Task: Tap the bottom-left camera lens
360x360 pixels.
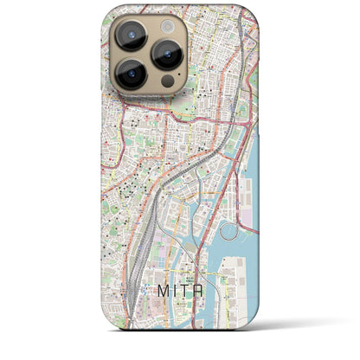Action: pyautogui.click(x=130, y=74)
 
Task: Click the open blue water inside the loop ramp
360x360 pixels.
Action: pyautogui.click(x=228, y=232)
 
